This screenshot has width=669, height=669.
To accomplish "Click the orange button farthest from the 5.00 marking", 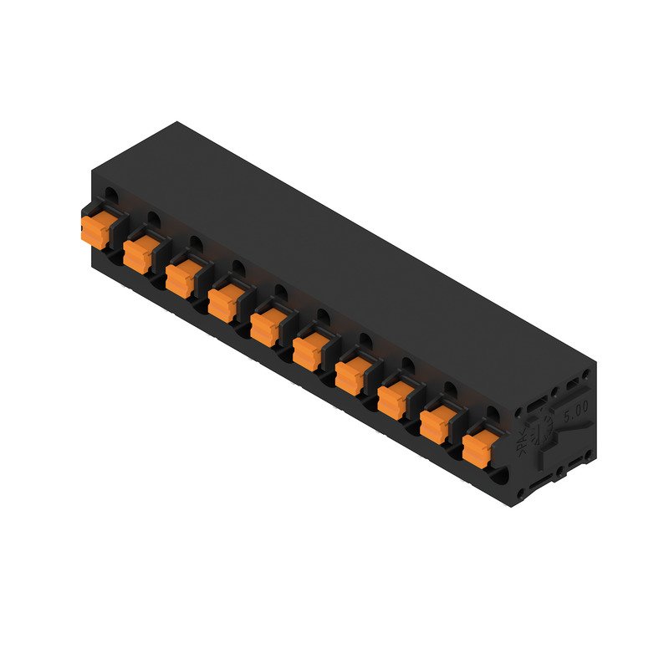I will point(95,226).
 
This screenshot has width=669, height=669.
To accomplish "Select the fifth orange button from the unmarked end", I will point(268,323).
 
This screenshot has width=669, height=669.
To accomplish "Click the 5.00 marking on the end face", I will point(576,412).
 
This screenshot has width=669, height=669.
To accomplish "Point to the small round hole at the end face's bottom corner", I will point(522,495).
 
